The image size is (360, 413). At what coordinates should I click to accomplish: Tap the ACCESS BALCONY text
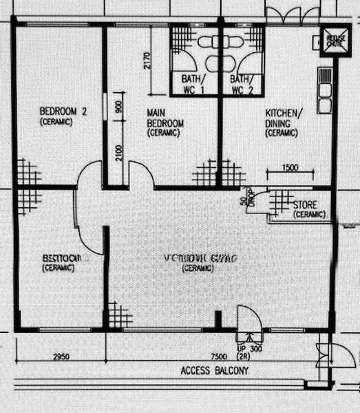(214, 371)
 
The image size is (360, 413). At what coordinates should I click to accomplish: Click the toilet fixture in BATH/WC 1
(207, 41)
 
